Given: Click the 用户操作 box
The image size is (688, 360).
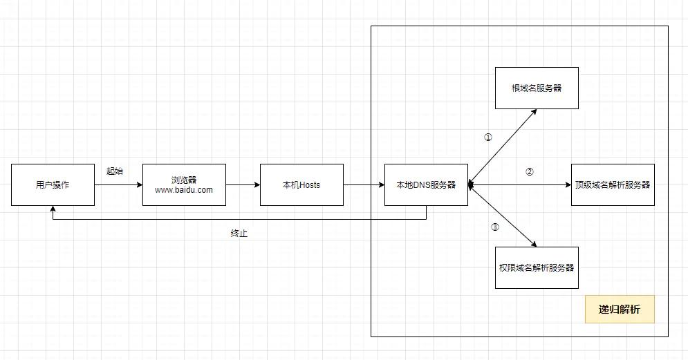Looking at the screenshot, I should pos(53,184).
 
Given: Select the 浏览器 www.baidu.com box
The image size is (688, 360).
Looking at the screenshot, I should pos(184,184).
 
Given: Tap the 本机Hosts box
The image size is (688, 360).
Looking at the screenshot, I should pos(301,184).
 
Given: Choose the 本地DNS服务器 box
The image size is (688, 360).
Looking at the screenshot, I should pos(426,184).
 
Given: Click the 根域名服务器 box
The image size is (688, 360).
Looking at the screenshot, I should pos(537,88).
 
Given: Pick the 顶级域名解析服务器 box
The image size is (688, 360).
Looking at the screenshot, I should pos(613,184).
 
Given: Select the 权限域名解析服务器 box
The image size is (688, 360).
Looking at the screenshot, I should pos(537,267).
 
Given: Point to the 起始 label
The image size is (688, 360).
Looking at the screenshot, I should pos(115,171).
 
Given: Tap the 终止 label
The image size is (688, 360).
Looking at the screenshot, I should pos(239,234).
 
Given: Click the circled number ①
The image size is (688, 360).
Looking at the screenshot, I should pos(488,137).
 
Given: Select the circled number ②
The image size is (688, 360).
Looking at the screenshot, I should pos(530,172).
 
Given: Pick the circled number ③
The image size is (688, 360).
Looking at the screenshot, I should pos(494,227).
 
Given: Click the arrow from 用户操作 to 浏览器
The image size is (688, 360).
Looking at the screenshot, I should pos(118,185).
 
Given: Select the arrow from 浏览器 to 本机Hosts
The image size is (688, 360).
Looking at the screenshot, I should pos(243,185).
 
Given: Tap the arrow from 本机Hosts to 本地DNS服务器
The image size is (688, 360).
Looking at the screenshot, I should pos(364,185).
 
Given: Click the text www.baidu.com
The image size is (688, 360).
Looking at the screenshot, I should pos(184,190).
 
